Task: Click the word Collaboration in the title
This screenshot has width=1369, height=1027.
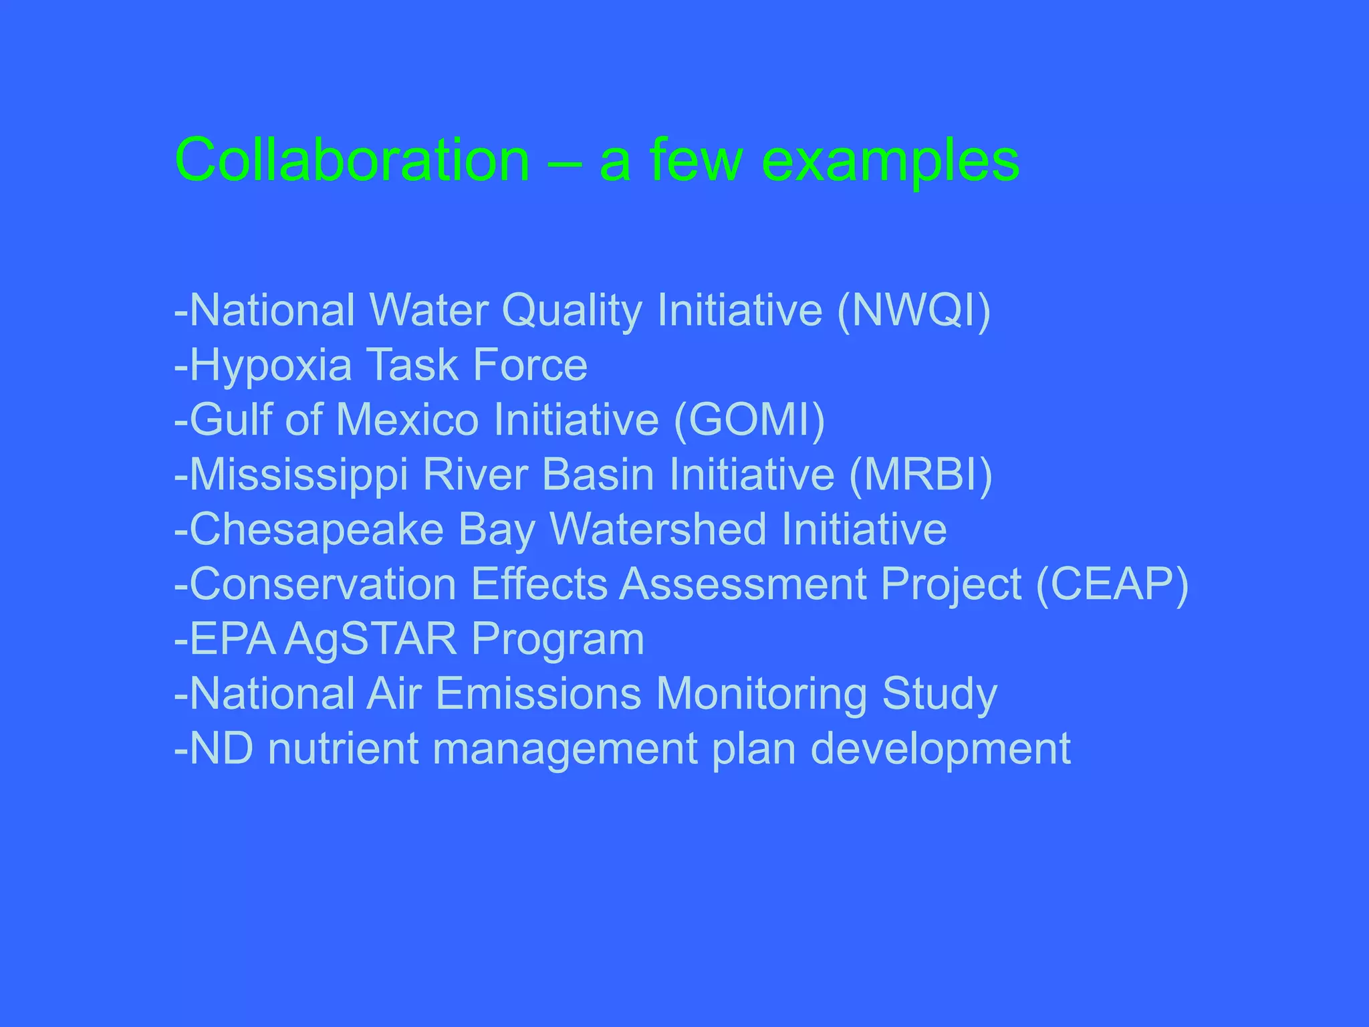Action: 352,160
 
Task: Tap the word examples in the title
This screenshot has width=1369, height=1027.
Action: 890,160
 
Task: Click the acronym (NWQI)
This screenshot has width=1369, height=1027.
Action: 914,310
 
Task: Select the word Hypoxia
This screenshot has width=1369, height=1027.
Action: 271,365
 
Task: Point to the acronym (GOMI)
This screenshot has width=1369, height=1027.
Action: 749,420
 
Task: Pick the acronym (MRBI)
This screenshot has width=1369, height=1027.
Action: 920,475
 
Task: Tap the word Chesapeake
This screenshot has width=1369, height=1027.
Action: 317,530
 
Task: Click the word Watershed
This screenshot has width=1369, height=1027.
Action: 658,530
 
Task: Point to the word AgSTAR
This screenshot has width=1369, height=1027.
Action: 370,639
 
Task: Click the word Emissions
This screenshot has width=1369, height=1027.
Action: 539,694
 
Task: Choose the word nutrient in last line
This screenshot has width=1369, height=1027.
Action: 343,749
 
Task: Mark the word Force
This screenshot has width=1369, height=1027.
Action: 530,365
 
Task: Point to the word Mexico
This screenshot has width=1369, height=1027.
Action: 407,420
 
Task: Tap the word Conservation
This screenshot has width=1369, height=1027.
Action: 323,584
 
